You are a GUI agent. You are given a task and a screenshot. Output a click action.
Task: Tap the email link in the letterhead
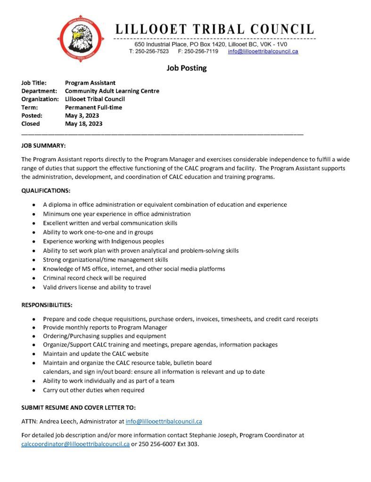(x=263, y=51)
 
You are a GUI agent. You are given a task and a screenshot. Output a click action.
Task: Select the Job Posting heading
(x=187, y=68)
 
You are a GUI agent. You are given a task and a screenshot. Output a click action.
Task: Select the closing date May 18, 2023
(x=84, y=124)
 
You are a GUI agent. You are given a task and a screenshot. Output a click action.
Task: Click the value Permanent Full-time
(x=94, y=107)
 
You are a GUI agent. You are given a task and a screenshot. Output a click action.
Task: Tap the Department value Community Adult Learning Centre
(x=112, y=91)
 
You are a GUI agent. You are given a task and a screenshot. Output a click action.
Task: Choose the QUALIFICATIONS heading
(x=46, y=191)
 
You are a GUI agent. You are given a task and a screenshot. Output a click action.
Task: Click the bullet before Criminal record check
(x=33, y=278)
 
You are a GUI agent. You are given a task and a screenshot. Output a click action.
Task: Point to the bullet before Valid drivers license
(x=33, y=287)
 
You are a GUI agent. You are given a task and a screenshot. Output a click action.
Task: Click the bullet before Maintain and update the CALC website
(x=33, y=354)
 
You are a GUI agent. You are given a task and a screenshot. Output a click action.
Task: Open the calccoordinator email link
(x=75, y=444)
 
